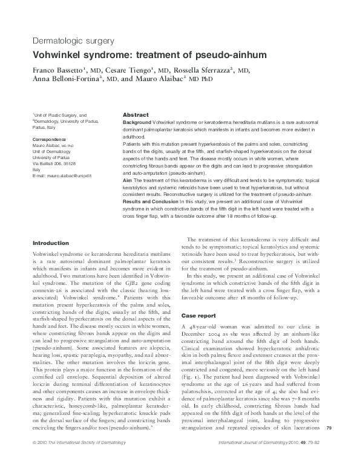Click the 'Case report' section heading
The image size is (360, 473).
point(198,316)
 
